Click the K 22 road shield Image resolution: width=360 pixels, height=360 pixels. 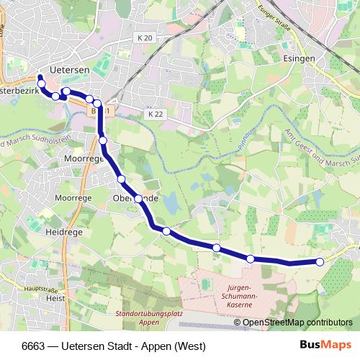tap(154, 114)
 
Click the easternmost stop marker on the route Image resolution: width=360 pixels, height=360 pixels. tap(320, 262)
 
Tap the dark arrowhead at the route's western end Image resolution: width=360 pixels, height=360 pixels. tap(40, 78)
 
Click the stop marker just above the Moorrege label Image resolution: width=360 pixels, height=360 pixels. tap(103, 140)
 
